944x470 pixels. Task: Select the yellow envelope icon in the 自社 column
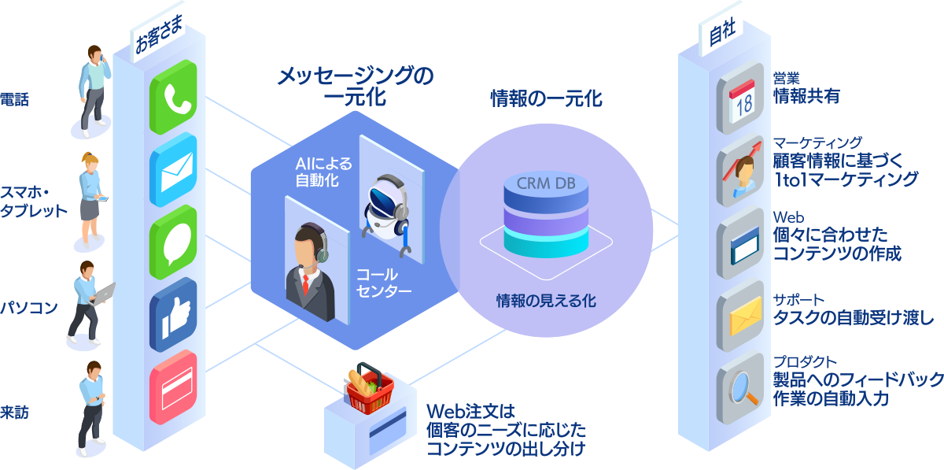[x=740, y=316]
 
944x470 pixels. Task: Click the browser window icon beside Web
[x=740, y=244]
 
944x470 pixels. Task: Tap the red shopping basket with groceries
[x=371, y=389]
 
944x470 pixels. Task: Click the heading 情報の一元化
[x=546, y=99]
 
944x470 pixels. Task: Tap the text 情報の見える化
[x=545, y=300]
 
